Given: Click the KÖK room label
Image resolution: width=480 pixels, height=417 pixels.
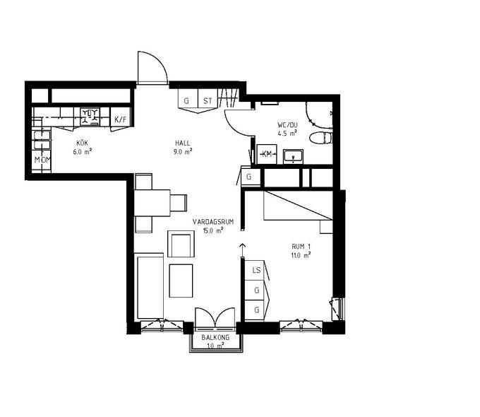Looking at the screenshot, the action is pyautogui.click(x=83, y=143).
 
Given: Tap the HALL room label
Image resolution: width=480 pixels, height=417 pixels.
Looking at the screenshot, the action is pyautogui.click(x=183, y=143).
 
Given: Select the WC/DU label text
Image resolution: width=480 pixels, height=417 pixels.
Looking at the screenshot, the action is pyautogui.click(x=287, y=125).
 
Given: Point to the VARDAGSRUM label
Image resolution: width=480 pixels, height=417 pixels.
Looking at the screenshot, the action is pyautogui.click(x=213, y=222).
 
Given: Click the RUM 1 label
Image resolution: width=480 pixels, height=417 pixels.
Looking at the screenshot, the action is pyautogui.click(x=301, y=247).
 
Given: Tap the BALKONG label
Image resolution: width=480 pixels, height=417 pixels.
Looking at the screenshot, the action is pyautogui.click(x=215, y=338).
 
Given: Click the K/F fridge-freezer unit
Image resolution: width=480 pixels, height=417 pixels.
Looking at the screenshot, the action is pyautogui.click(x=120, y=119).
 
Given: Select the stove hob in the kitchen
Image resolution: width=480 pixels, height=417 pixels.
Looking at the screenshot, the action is pyautogui.click(x=90, y=117).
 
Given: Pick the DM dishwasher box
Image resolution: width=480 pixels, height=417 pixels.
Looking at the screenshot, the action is pyautogui.click(x=42, y=160).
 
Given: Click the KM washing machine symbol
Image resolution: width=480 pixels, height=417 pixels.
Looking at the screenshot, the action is pyautogui.click(x=267, y=154).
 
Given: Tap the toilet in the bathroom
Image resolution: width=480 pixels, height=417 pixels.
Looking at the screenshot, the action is pyautogui.click(x=320, y=138).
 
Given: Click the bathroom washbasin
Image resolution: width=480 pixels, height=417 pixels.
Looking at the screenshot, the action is pyautogui.click(x=293, y=156).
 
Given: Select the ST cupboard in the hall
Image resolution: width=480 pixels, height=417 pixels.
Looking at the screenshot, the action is pyautogui.click(x=208, y=100).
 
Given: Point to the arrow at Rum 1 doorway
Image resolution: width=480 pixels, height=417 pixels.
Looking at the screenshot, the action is pyautogui.click(x=243, y=249).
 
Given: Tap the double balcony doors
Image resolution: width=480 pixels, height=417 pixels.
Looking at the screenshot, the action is pyautogui.click(x=215, y=317).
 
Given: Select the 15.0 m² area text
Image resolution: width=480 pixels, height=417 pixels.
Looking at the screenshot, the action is pyautogui.click(x=213, y=230).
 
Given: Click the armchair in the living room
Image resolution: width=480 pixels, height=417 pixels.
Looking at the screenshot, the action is pyautogui.click(x=181, y=244).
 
